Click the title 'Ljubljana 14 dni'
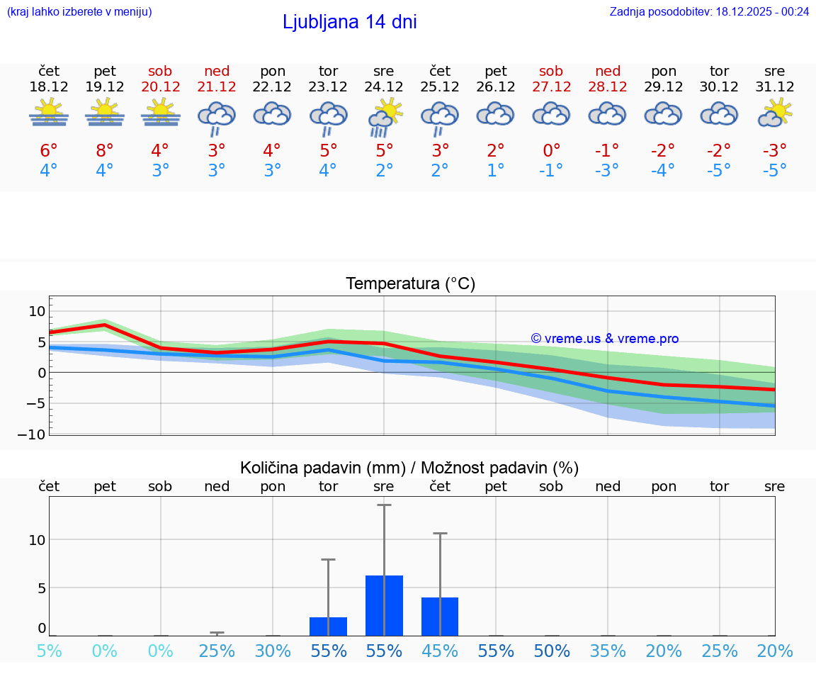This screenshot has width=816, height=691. point(349,22)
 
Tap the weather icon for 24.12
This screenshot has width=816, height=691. point(385,118)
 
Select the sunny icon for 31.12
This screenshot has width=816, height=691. point(775,113)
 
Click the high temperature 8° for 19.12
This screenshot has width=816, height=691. point(105,150)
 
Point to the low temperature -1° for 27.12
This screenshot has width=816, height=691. point(551,171)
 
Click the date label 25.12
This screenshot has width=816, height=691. point(440,87)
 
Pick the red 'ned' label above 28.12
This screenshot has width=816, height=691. point(608,71)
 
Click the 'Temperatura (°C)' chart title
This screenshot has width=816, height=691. point(410,284)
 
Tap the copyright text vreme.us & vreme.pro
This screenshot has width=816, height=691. point(604,339)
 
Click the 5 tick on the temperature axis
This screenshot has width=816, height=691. point(41,342)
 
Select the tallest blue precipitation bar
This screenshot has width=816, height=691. point(384,605)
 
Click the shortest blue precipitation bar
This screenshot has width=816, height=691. point(328,627)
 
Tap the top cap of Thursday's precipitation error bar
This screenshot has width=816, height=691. point(440,533)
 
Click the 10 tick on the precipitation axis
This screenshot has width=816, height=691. point(37,540)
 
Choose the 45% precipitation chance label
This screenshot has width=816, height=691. point(440,651)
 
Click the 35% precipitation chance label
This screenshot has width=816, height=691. point(608,651)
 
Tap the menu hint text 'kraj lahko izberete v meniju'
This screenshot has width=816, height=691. point(79,11)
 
